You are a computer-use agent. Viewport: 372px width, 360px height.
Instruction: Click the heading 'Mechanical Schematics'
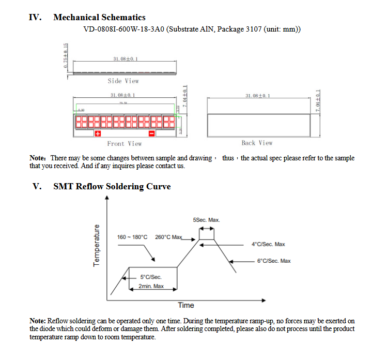99,18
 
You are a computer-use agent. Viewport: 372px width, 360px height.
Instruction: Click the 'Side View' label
123,81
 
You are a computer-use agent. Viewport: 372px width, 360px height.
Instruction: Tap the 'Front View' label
124,143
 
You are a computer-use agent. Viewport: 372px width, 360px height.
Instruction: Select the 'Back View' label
257,143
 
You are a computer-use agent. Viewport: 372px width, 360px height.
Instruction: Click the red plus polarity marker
98,134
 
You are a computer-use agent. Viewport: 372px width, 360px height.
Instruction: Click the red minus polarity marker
152,134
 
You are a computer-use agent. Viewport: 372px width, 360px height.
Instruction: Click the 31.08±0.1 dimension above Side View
125,59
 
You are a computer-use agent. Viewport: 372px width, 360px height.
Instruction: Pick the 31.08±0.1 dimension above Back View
257,96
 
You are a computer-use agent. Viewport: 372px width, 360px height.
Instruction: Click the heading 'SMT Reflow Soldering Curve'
112,186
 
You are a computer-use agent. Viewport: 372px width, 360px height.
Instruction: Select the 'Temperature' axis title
96,246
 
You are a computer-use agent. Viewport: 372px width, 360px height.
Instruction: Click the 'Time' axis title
186,305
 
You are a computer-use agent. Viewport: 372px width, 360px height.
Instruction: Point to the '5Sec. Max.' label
206,220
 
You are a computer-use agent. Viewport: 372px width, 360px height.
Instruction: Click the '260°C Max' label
169,237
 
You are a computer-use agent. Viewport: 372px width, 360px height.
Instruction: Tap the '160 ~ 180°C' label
132,237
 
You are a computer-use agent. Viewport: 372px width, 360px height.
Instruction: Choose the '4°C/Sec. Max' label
268,244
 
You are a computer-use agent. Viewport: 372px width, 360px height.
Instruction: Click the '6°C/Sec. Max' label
274,261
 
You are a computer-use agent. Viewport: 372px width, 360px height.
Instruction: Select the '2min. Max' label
151,286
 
